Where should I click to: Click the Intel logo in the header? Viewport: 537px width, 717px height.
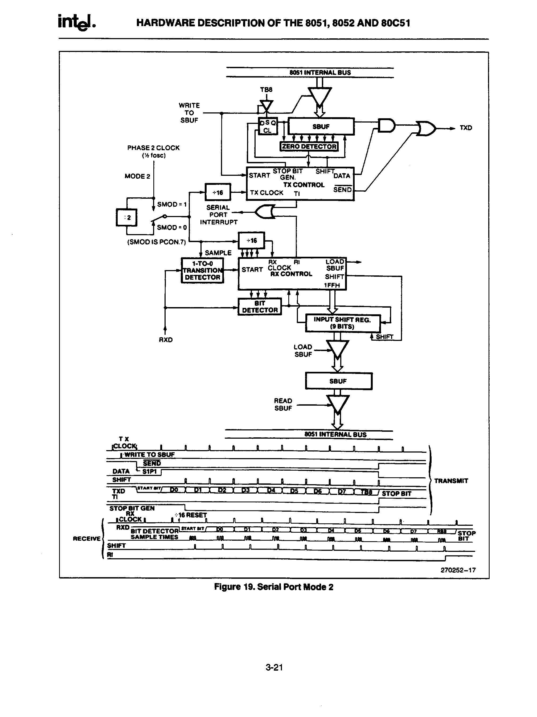(76, 22)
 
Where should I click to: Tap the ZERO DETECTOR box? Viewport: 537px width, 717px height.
(309, 146)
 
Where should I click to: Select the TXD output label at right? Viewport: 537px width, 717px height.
(466, 128)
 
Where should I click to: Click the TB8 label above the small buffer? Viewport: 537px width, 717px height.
(266, 89)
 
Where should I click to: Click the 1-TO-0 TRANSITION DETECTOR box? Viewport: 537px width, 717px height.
(202, 270)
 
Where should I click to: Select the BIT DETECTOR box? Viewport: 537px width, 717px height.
(260, 307)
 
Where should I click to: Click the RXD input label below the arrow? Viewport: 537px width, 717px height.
(166, 340)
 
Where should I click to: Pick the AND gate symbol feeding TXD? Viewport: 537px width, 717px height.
(386, 126)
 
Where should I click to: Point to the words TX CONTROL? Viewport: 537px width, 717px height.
(304, 185)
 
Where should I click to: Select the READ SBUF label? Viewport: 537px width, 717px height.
(283, 405)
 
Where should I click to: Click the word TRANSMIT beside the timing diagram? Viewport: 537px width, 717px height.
(451, 481)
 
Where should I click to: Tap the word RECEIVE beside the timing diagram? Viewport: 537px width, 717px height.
(87, 538)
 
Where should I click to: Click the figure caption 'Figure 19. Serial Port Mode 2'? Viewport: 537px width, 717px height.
(273, 587)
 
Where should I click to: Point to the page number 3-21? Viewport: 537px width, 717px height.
(274, 667)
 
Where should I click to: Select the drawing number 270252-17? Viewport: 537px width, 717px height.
(458, 570)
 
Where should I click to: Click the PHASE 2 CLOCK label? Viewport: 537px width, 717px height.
(153, 148)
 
